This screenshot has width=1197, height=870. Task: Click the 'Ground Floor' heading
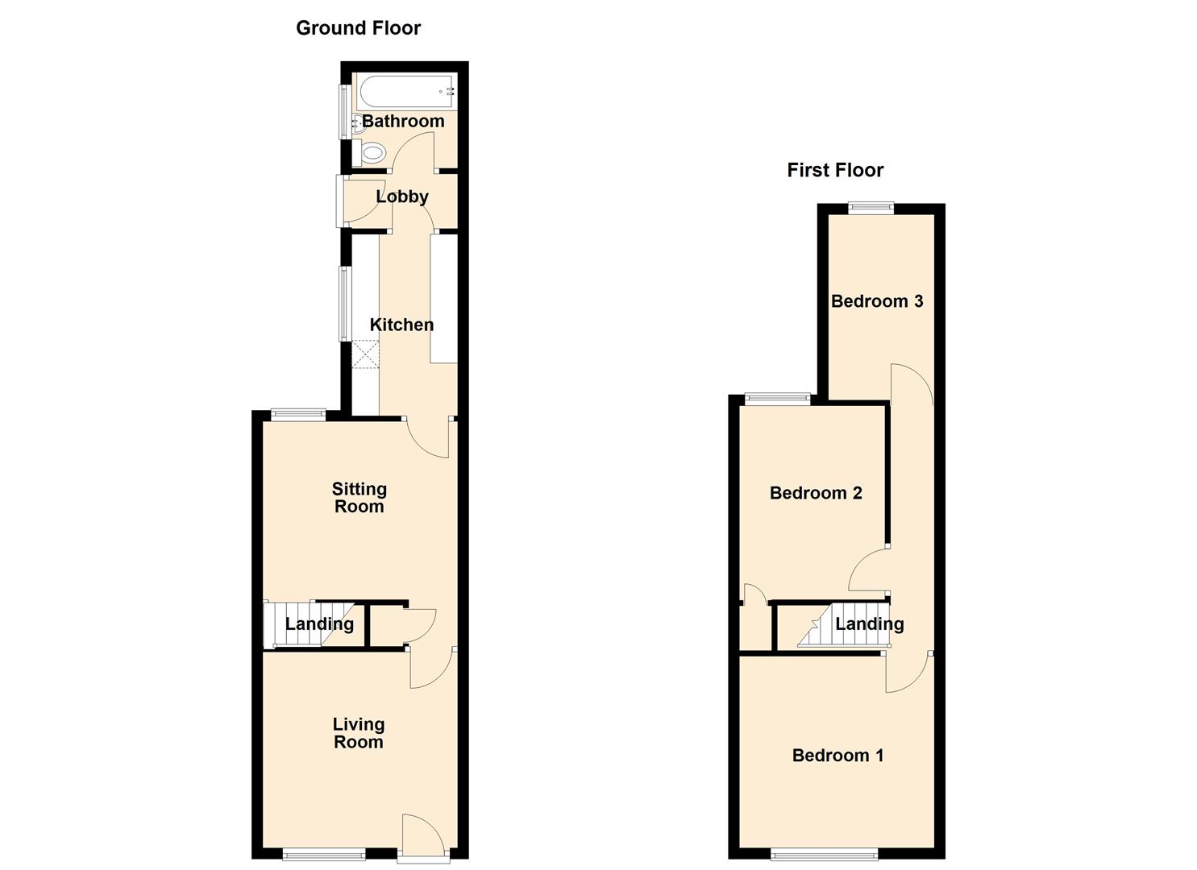pos(358,28)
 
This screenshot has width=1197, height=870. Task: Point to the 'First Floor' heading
pos(835,170)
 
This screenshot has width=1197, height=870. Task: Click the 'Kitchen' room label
pos(401,325)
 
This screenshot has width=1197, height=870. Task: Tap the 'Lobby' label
pos(402,197)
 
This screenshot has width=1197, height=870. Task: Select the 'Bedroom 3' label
pos(877,301)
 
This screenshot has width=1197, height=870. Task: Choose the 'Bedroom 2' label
pos(816,493)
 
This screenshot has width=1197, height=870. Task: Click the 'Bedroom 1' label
pos(837,756)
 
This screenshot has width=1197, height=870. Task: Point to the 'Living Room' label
pos(359,733)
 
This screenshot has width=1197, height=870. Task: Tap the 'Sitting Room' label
pos(360,498)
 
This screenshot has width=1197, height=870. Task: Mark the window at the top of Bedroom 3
pos(871,207)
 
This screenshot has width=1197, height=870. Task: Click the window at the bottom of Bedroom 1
pos(825,854)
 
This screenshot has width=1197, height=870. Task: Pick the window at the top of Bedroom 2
pos(777,398)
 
